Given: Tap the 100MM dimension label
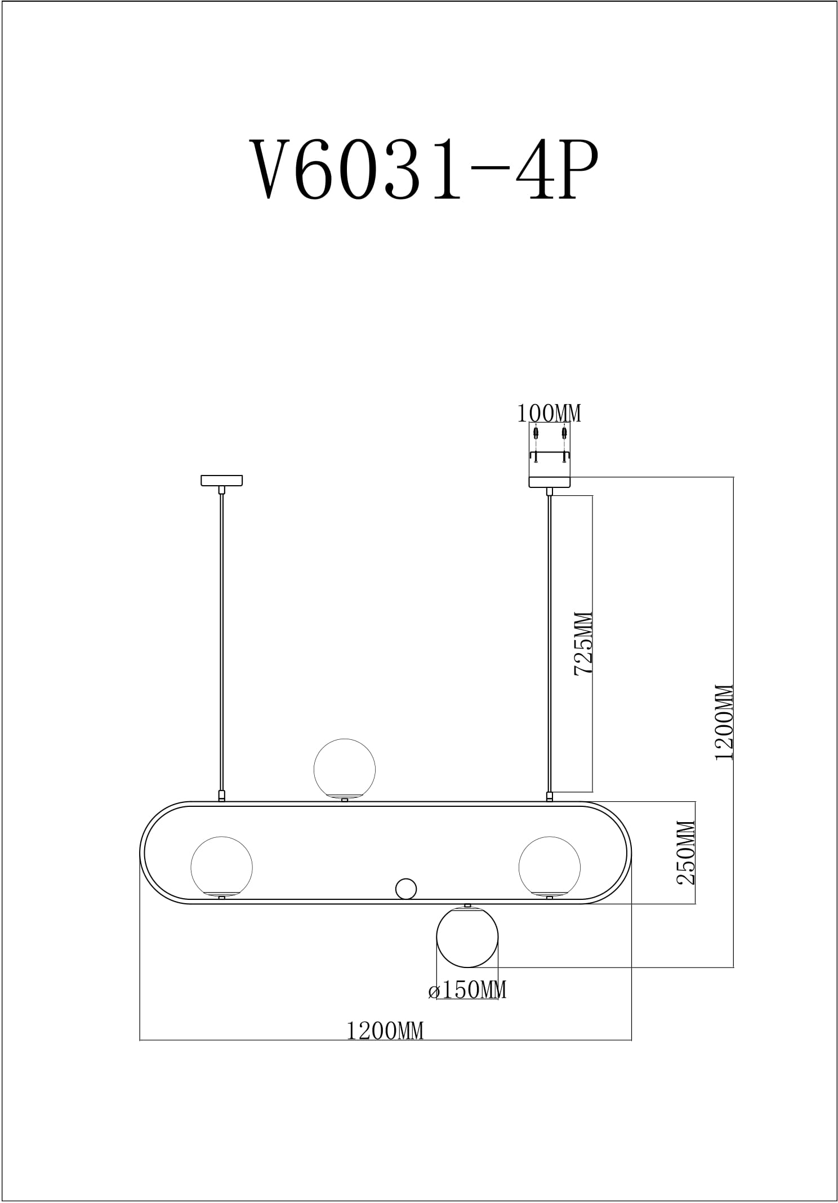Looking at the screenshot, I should (549, 414).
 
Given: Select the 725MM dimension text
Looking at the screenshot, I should (583, 643).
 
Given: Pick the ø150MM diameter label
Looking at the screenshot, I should (467, 990).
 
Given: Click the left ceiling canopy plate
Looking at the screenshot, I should (222, 481).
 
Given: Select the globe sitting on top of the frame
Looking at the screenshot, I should (344, 769).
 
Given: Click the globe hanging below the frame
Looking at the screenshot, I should (467, 936).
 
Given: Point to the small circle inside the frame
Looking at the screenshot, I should (405, 889).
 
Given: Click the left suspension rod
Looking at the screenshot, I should (222, 642).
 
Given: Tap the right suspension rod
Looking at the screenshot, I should (550, 642).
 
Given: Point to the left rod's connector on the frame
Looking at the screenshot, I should (222, 796).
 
